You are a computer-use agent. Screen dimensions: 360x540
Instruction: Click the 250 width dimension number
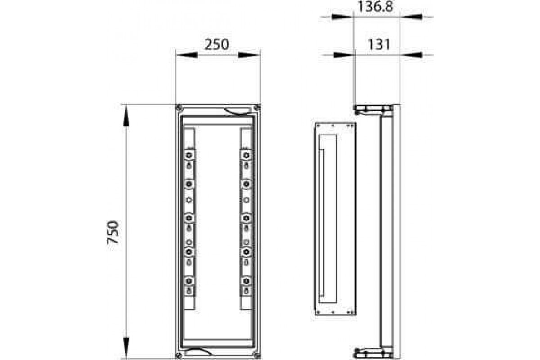point(217,45)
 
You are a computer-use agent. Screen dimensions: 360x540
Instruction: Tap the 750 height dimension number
point(113,232)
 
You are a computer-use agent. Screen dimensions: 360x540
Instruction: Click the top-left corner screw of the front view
point(179,108)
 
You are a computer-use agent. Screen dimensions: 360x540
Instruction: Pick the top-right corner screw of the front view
point(257,108)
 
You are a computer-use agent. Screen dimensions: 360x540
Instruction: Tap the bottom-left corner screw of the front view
point(179,355)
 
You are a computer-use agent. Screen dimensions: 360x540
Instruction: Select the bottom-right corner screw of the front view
point(257,355)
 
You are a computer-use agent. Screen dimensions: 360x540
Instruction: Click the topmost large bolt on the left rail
point(189,155)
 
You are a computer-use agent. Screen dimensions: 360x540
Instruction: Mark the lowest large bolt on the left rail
point(189,281)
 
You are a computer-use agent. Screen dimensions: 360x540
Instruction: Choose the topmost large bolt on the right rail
point(246,155)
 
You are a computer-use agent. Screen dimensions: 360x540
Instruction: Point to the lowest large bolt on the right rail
point(246,281)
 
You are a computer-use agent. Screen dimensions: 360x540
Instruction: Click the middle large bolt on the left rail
point(189,218)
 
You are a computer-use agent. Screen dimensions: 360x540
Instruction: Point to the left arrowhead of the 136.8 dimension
point(342,17)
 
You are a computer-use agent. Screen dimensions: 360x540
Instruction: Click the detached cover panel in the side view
point(334,219)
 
